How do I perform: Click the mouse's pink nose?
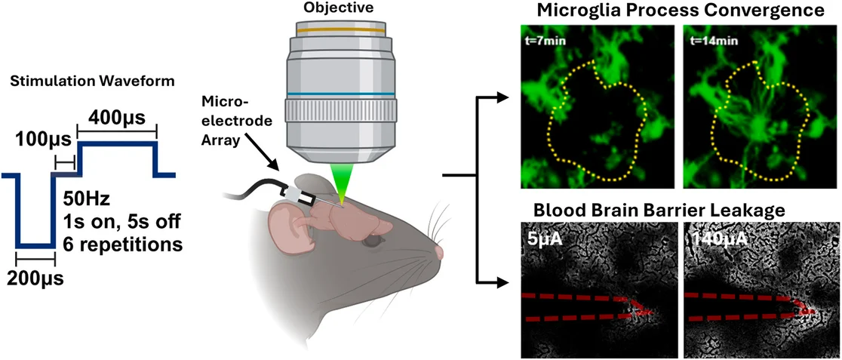click(x=440, y=252)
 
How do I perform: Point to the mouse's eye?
click(x=371, y=241)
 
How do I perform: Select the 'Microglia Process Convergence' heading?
click(x=678, y=11)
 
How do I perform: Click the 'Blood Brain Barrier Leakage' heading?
click(x=678, y=209)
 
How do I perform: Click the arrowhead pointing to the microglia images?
click(x=503, y=97)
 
